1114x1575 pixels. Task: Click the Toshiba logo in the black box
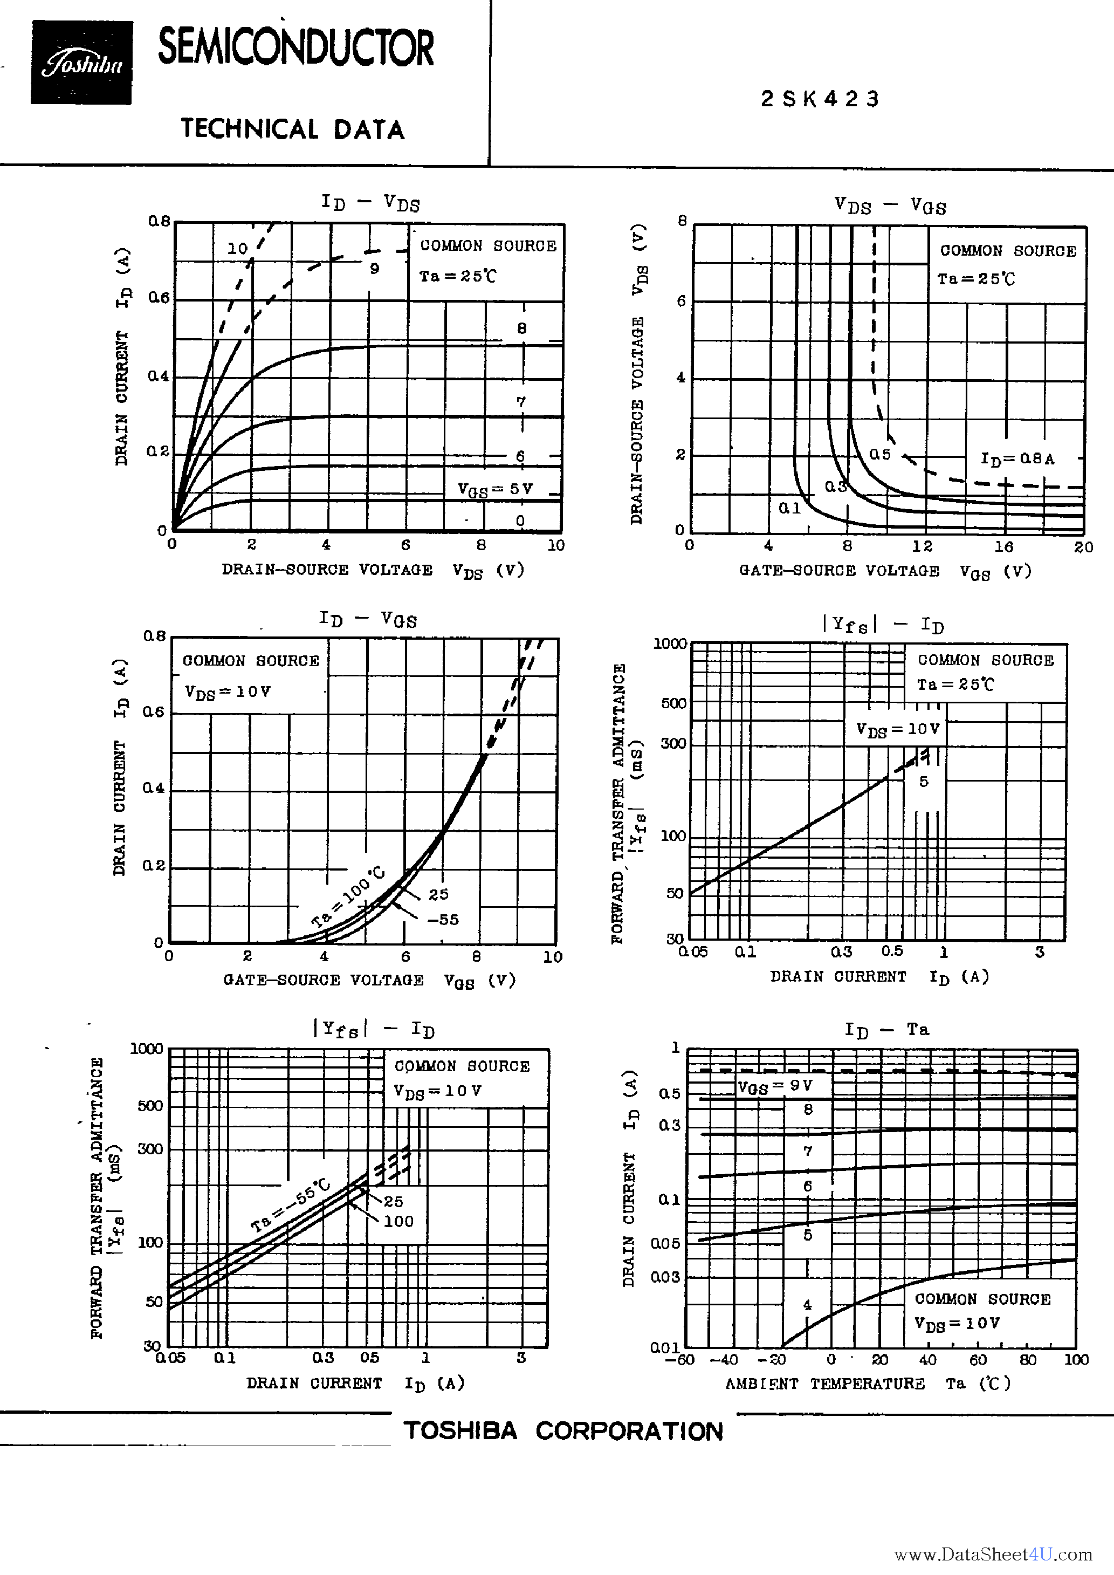click(81, 64)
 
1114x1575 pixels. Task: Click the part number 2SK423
click(820, 99)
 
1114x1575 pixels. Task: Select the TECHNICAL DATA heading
click(293, 129)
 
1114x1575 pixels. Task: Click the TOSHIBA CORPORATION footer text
click(563, 1431)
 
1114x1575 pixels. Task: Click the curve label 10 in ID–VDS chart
click(237, 248)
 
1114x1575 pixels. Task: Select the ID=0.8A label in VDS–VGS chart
click(1017, 458)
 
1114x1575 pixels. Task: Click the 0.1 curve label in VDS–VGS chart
click(789, 508)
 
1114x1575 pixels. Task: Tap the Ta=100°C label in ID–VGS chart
click(348, 897)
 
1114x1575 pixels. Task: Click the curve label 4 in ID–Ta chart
click(807, 1305)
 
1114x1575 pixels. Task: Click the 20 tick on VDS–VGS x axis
click(1083, 547)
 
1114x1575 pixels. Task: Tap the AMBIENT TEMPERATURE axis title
click(824, 1384)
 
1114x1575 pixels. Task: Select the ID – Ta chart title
click(886, 1030)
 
